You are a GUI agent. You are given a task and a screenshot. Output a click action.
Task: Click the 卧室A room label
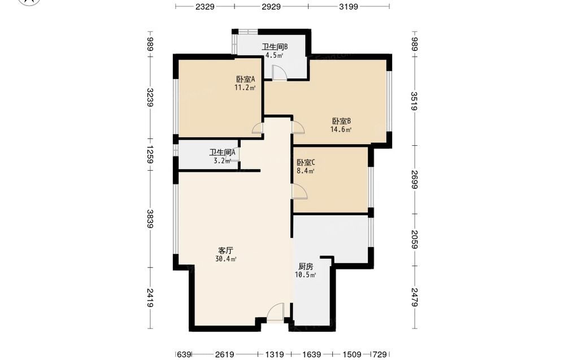pyautogui.click(x=245, y=79)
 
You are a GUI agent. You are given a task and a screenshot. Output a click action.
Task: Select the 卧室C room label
pyautogui.click(x=306, y=163)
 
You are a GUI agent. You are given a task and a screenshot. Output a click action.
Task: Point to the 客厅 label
pyautogui.click(x=225, y=250)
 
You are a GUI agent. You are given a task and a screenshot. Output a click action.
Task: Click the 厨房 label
pyautogui.click(x=306, y=267)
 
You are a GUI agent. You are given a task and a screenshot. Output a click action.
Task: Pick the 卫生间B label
pyautogui.click(x=274, y=47)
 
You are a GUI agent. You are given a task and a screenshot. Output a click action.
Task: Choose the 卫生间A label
pyautogui.click(x=222, y=153)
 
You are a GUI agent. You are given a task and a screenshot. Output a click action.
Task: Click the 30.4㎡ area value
pyautogui.click(x=225, y=259)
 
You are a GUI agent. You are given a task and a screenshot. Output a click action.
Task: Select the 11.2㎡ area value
pyautogui.click(x=245, y=88)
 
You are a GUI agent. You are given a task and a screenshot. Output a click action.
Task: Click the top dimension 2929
pyautogui.click(x=271, y=6)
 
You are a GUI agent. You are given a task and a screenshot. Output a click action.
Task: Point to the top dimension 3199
pyautogui.click(x=349, y=6)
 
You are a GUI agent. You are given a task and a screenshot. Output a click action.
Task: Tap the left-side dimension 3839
pyautogui.click(x=150, y=219)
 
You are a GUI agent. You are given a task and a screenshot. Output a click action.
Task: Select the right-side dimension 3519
pyautogui.click(x=414, y=101)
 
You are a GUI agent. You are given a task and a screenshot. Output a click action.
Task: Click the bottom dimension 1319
pyautogui.click(x=275, y=354)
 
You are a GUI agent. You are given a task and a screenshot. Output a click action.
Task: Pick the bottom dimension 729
pyautogui.click(x=380, y=354)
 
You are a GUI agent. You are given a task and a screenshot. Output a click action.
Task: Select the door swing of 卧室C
pyautogui.click(x=299, y=191)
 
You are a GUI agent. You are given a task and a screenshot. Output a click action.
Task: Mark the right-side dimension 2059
pyautogui.click(x=414, y=240)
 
